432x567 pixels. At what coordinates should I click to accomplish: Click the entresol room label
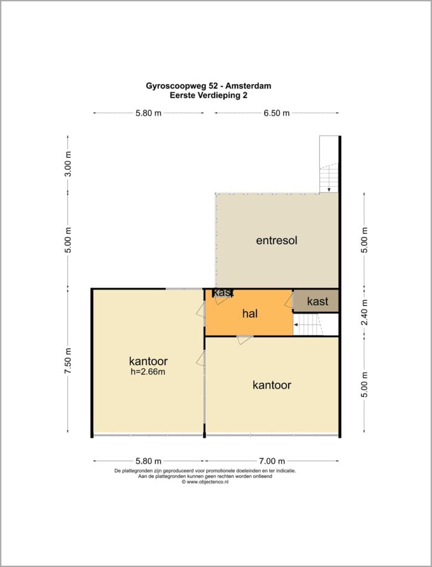click(277, 240)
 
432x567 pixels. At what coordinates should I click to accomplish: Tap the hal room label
click(250, 313)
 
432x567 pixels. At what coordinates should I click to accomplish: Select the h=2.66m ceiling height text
click(148, 372)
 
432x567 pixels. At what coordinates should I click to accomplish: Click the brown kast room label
click(318, 301)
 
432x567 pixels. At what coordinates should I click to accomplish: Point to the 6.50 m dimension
click(277, 113)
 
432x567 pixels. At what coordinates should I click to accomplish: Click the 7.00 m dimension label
click(272, 461)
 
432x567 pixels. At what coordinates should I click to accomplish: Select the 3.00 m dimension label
click(68, 164)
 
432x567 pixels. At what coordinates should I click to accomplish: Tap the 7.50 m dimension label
click(68, 361)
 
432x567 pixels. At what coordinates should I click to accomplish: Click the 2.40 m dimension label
click(365, 312)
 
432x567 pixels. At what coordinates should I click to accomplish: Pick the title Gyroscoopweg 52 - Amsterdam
click(209, 86)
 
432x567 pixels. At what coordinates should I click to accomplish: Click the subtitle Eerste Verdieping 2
click(209, 96)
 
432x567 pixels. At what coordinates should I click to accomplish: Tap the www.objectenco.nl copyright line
click(205, 482)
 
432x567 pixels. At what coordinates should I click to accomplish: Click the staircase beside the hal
click(308, 324)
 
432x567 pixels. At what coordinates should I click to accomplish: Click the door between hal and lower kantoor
click(245, 339)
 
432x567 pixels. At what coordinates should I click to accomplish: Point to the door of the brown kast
click(289, 301)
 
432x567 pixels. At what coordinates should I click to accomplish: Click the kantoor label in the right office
click(272, 385)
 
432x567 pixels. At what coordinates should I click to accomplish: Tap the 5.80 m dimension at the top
click(148, 113)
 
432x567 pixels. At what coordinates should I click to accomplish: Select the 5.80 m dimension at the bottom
click(148, 461)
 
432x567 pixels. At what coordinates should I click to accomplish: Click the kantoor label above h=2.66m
click(148, 361)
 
